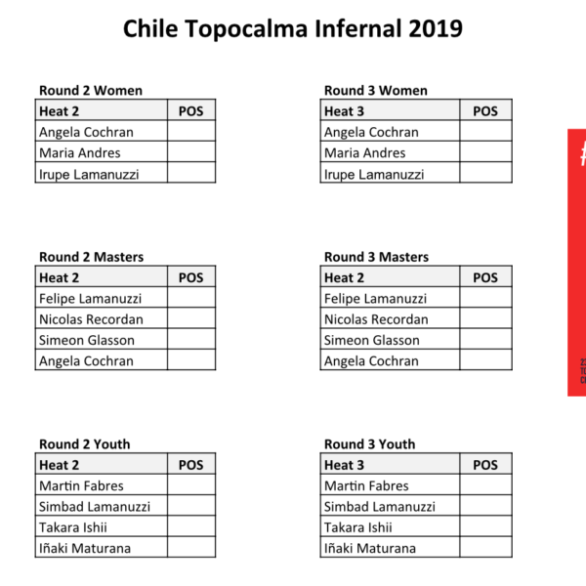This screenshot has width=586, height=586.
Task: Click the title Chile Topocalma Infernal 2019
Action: pyautogui.click(x=293, y=28)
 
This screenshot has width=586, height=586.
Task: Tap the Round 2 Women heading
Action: pyautogui.click(x=91, y=91)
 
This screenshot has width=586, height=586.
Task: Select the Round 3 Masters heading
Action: pyautogui.click(x=376, y=257)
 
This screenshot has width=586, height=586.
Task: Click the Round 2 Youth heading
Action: pyautogui.click(x=85, y=444)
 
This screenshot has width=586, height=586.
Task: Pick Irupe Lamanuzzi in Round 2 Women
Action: pyautogui.click(x=89, y=175)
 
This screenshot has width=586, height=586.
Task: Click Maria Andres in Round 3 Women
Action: pyautogui.click(x=364, y=153)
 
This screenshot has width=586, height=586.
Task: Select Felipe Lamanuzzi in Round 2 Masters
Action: pyautogui.click(x=91, y=299)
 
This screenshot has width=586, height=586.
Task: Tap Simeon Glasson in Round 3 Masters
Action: pyautogui.click(x=372, y=340)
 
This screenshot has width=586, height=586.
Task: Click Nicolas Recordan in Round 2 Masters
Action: pyautogui.click(x=91, y=319)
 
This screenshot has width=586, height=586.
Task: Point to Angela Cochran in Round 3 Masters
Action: pyautogui.click(x=371, y=361)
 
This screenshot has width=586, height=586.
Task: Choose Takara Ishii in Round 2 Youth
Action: pyautogui.click(x=73, y=527)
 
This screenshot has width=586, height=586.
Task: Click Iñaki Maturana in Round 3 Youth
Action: pyautogui.click(x=370, y=548)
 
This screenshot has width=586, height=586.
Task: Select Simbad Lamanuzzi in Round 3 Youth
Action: pyautogui.click(x=380, y=506)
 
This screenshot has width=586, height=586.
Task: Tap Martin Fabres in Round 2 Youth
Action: pyautogui.click(x=81, y=485)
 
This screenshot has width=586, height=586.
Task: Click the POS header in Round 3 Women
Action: pyautogui.click(x=485, y=111)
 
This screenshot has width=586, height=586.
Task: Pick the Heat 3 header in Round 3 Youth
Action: pyautogui.click(x=344, y=465)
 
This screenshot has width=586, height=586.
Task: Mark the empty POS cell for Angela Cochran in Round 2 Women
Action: pyautogui.click(x=191, y=131)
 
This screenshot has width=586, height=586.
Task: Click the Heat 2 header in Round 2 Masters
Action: pyautogui.click(x=59, y=277)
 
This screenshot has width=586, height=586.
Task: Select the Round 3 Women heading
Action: pyautogui.click(x=376, y=91)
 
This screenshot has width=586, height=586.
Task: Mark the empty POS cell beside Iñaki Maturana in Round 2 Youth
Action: pyautogui.click(x=191, y=547)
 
